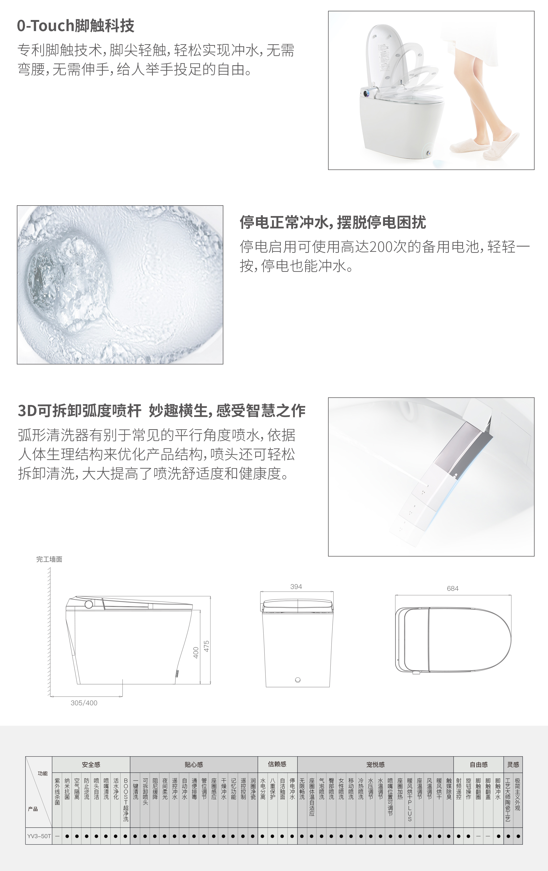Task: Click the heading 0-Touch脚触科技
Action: pyautogui.click(x=76, y=26)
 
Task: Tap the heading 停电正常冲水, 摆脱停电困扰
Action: pyautogui.click(x=333, y=222)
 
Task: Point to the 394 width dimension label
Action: pyautogui.click(x=296, y=587)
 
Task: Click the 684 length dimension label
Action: pyautogui.click(x=453, y=588)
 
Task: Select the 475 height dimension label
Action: pyautogui.click(x=207, y=646)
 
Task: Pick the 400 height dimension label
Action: pyautogui.click(x=196, y=653)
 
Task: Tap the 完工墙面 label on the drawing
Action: pyautogui.click(x=49, y=559)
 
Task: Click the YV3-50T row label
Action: pyautogui.click(x=39, y=836)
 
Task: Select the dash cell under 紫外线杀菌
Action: pyautogui.click(x=57, y=836)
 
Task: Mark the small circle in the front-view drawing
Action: pyautogui.click(x=298, y=680)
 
